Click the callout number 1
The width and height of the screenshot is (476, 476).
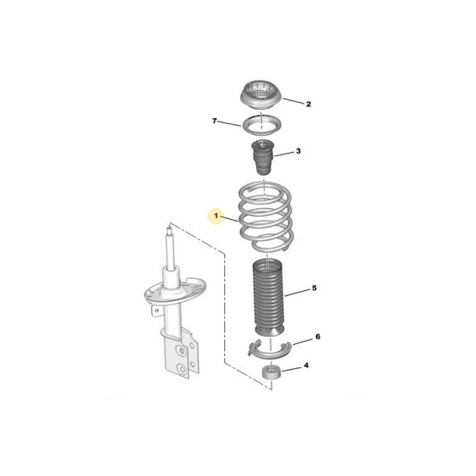[216, 216]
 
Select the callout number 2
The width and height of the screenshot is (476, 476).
[308, 104]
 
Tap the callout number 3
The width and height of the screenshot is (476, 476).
[298, 151]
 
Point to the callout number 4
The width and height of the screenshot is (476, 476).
[306, 365]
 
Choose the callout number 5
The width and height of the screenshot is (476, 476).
[314, 288]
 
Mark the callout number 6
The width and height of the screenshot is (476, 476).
[318, 337]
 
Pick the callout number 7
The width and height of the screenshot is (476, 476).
[214, 121]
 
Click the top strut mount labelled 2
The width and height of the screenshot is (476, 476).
[261, 95]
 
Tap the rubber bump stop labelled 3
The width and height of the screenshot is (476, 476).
[263, 157]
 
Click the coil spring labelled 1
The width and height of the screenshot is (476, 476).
[265, 217]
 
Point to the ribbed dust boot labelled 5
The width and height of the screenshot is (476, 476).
[268, 297]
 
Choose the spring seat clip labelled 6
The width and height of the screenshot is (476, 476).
[270, 354]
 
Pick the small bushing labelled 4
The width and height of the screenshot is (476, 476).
[271, 372]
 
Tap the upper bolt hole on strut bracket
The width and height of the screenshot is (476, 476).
[182, 351]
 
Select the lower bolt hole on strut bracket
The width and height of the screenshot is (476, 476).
[182, 369]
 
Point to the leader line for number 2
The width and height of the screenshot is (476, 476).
[293, 102]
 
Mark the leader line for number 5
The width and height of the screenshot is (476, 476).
[297, 292]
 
